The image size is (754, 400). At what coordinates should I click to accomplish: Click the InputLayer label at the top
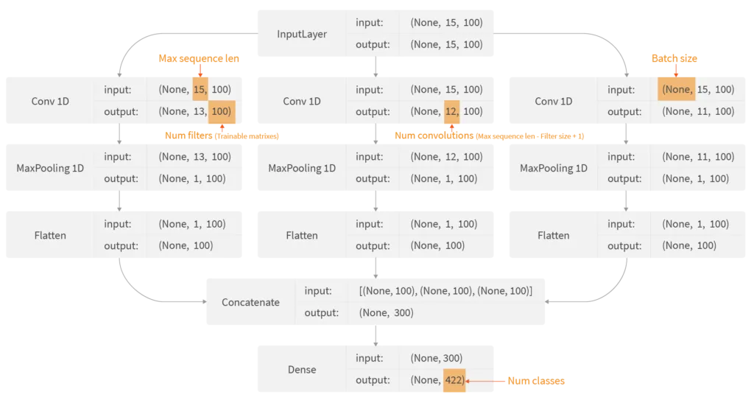click(302, 34)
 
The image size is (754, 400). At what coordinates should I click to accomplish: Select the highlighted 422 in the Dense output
click(454, 380)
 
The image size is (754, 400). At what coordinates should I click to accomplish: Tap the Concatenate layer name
click(250, 302)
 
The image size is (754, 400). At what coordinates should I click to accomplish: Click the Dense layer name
click(302, 369)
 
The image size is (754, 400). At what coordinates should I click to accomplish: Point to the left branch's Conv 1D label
click(50, 101)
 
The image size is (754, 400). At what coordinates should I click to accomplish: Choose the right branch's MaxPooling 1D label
click(554, 168)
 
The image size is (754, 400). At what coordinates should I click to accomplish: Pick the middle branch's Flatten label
click(302, 235)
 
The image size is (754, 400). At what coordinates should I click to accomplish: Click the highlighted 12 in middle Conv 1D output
click(451, 112)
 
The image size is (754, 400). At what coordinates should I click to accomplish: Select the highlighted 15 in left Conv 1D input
click(200, 90)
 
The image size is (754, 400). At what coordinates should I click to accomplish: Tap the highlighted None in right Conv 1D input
click(677, 90)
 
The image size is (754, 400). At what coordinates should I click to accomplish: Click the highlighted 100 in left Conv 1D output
click(220, 112)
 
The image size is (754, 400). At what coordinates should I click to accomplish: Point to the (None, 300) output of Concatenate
click(387, 313)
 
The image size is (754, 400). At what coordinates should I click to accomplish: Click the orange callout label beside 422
click(537, 381)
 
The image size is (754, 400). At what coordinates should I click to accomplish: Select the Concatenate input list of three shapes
click(445, 291)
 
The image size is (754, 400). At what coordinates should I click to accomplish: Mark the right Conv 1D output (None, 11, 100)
click(698, 112)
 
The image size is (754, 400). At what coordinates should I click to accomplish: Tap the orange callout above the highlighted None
click(674, 58)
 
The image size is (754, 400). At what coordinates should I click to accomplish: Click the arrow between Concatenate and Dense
click(376, 335)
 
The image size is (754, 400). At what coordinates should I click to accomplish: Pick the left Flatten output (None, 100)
click(186, 246)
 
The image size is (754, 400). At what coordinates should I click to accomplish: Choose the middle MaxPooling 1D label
click(302, 168)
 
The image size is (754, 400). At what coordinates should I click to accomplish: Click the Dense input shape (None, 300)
click(437, 358)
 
